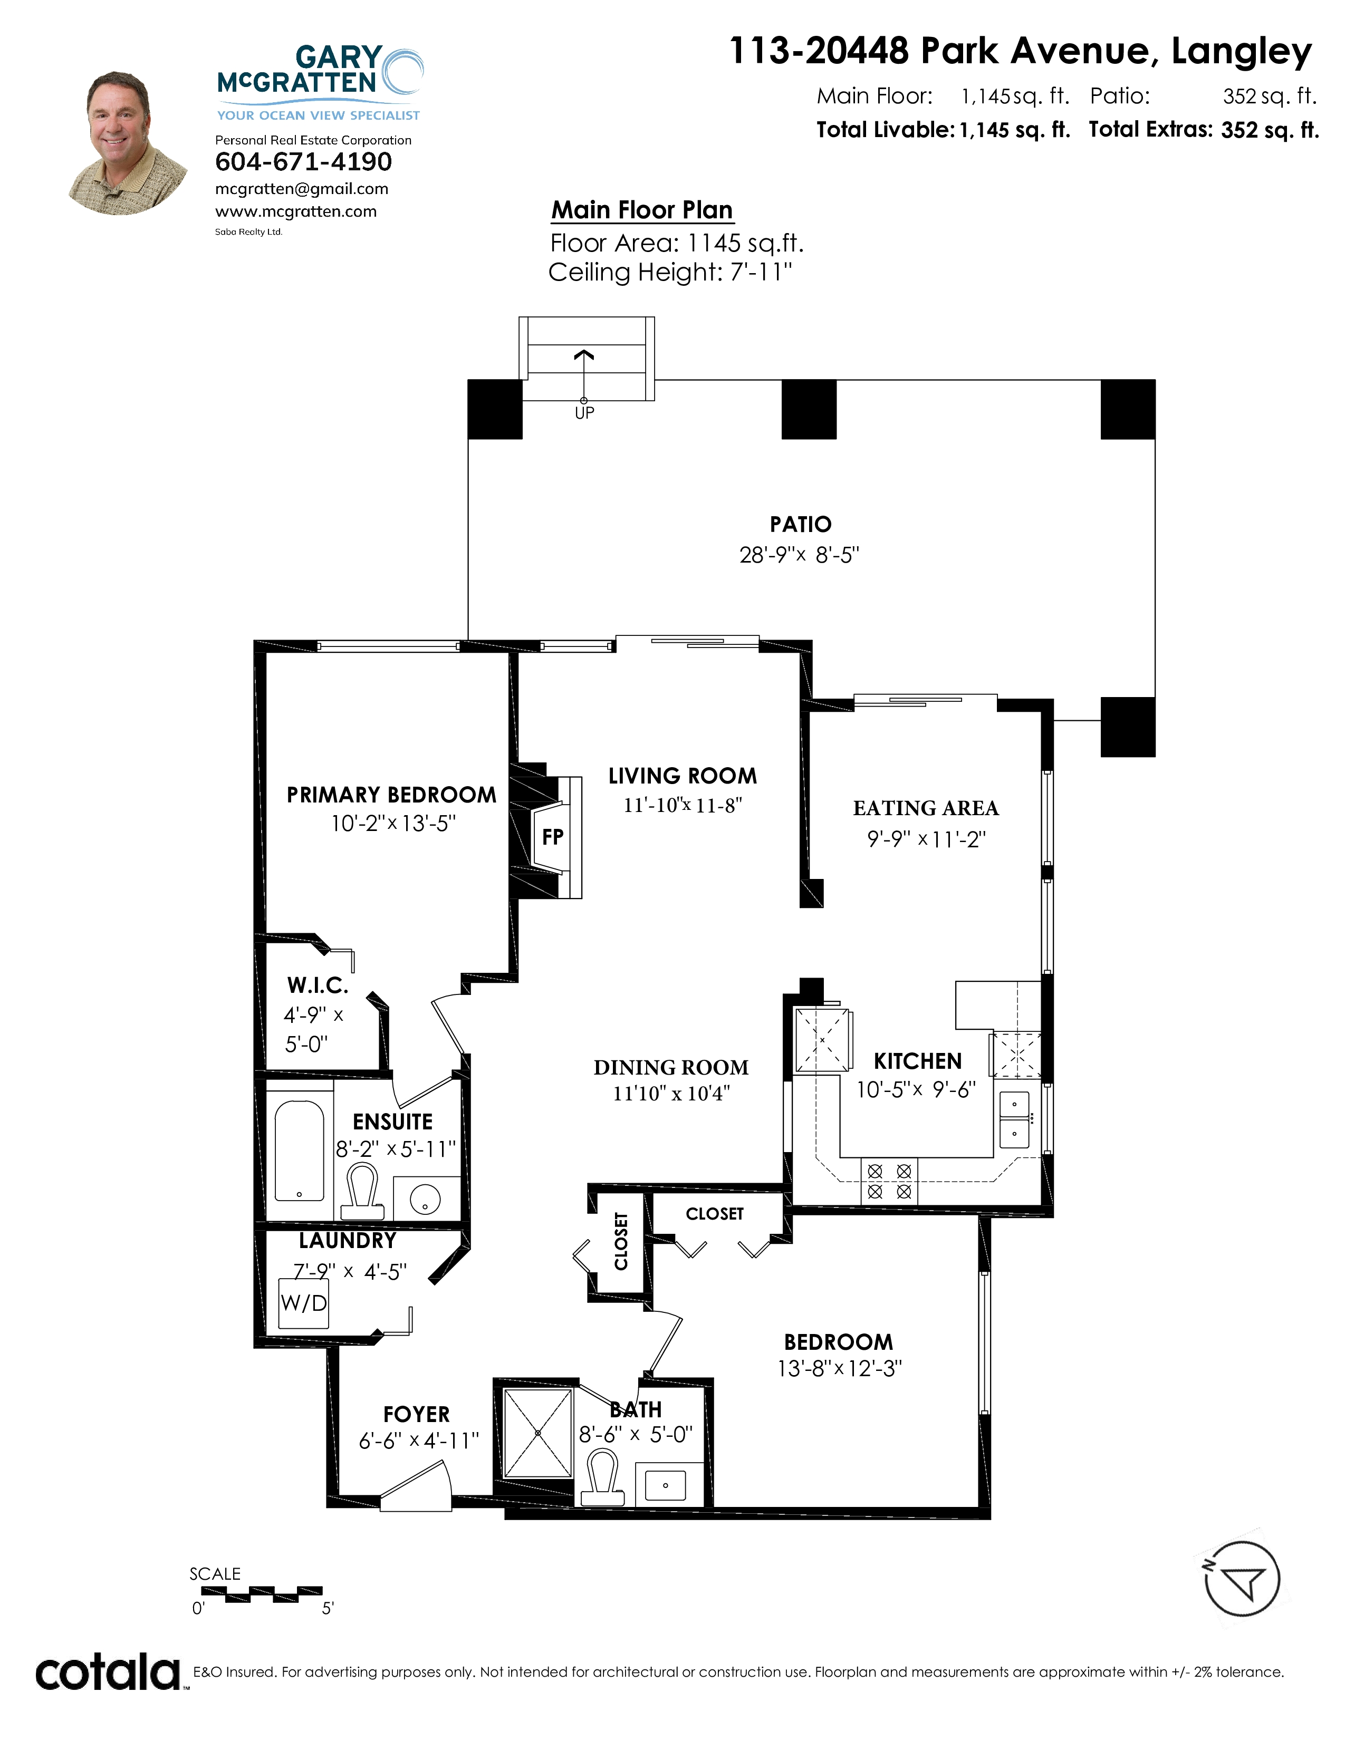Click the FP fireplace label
coord(552,837)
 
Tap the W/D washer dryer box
coord(304,1302)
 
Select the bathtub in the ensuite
coord(300,1151)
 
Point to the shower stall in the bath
coord(538,1433)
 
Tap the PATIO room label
coord(800,524)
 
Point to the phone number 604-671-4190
coord(304,162)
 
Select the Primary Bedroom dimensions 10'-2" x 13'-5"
coord(393,823)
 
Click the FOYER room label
coord(416,1414)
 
